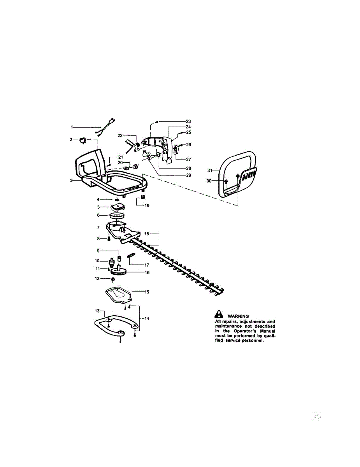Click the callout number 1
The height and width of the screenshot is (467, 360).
coord(72,127)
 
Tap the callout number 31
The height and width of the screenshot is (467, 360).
coord(210,170)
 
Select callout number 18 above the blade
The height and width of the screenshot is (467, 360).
coord(147,234)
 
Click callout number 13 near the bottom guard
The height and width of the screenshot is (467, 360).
coord(98,311)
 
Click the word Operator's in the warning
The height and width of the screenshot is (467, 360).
coord(245,331)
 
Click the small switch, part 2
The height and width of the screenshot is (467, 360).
coord(83,140)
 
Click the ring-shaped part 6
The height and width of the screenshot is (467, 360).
coord(117,215)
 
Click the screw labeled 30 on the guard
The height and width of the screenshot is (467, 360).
coord(226,181)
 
